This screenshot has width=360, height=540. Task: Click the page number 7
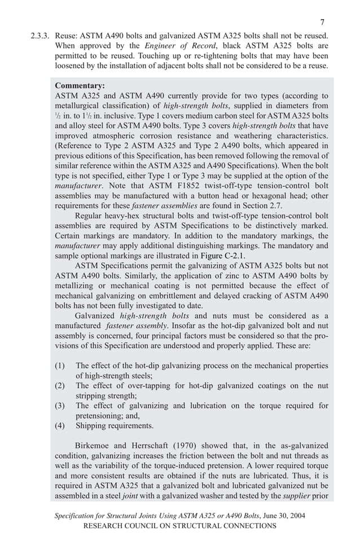pyautogui.click(x=322, y=22)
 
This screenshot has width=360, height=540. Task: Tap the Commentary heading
pyautogui.click(x=80, y=86)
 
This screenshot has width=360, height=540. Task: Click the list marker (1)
pyautogui.click(x=60, y=366)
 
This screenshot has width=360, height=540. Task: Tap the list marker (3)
pyautogui.click(x=60, y=406)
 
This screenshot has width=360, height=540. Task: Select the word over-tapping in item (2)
pyautogui.click(x=143, y=385)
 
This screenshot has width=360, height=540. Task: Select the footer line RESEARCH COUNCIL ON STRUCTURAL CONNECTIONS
pyautogui.click(x=179, y=526)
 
